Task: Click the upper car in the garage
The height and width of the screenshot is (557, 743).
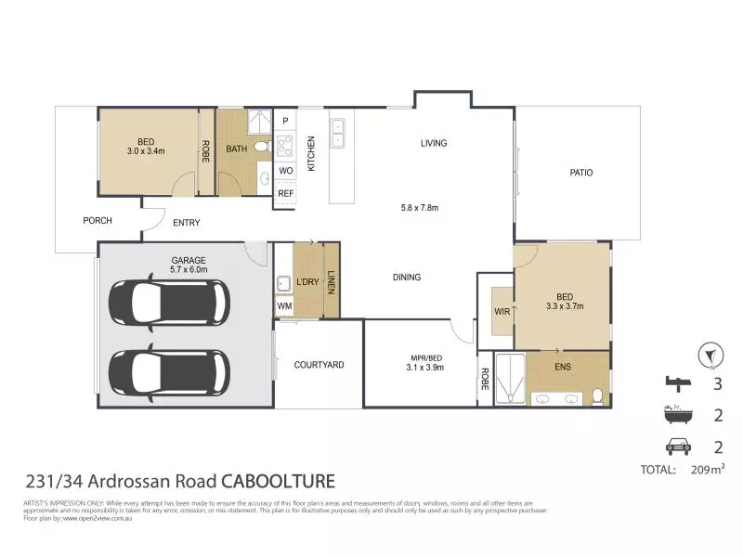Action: [x=168, y=302]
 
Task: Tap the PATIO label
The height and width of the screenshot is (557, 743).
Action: [x=581, y=173]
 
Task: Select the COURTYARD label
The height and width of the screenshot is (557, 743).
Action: [x=319, y=365]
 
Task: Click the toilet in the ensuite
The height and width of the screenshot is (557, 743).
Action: [x=599, y=397]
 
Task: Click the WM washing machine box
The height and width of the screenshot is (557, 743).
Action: [x=284, y=305]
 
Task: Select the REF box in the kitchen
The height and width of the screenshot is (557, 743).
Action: [x=285, y=193]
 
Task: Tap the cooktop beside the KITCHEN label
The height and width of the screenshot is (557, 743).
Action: [x=285, y=146]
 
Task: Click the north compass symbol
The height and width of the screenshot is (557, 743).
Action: [x=711, y=355]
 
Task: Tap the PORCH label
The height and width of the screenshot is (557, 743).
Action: [x=98, y=221]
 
